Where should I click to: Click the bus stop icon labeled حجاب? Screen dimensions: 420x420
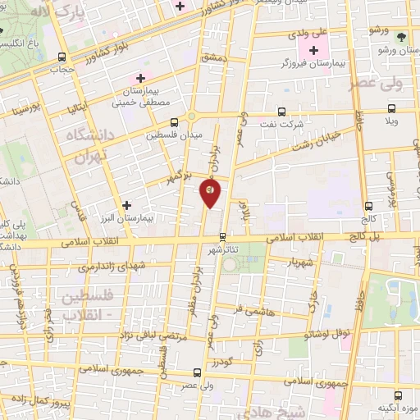coord(63,57)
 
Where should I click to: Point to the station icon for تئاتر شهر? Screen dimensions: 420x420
coord(221,237)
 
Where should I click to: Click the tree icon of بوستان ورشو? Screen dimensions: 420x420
coord(400,37)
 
